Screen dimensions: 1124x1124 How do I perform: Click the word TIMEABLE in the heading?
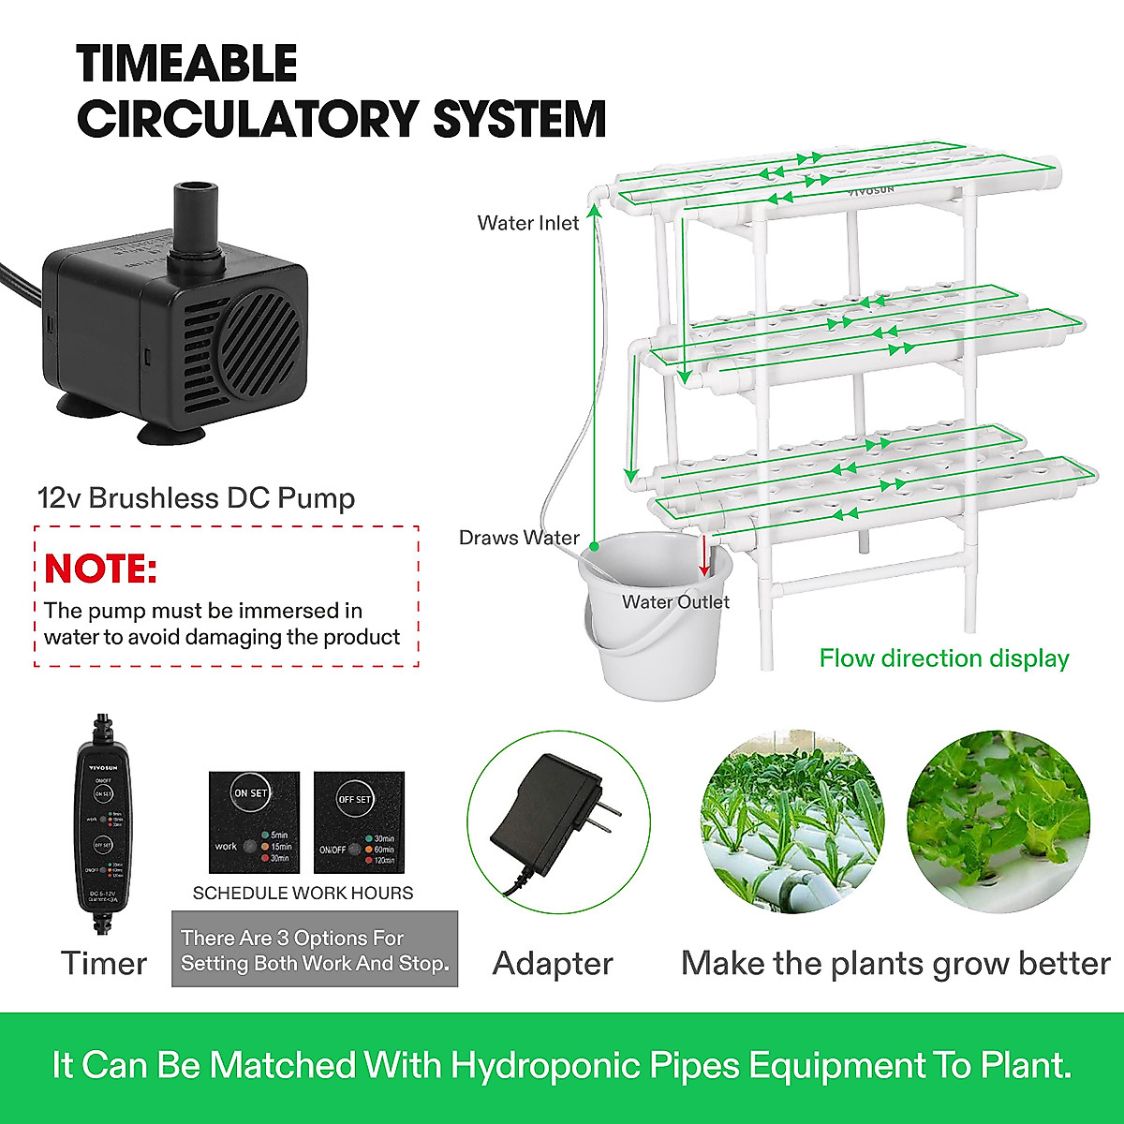pyautogui.click(x=187, y=64)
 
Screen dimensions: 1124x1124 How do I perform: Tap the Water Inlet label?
pyautogui.click(x=527, y=223)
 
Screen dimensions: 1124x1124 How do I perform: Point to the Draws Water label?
pyautogui.click(x=519, y=538)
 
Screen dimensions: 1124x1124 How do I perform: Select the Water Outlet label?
pyautogui.click(x=675, y=601)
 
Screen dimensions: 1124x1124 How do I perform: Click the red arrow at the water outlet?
pyautogui.click(x=705, y=556)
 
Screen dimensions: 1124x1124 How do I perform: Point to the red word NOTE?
pyautogui.click(x=100, y=569)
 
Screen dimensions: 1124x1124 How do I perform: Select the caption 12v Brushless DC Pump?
pyautogui.click(x=197, y=497)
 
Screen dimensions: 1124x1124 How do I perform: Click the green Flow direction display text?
pyautogui.click(x=944, y=658)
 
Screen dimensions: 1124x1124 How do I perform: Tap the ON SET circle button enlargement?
pyautogui.click(x=251, y=792)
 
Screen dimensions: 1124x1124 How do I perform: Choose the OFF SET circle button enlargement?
pyautogui.click(x=355, y=799)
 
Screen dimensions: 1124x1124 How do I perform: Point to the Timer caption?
pyautogui.click(x=104, y=963)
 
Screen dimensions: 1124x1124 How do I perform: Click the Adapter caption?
pyautogui.click(x=553, y=963)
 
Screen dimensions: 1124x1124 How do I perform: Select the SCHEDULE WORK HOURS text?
pyautogui.click(x=303, y=893)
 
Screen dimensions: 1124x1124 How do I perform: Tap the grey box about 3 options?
pyautogui.click(x=315, y=950)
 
